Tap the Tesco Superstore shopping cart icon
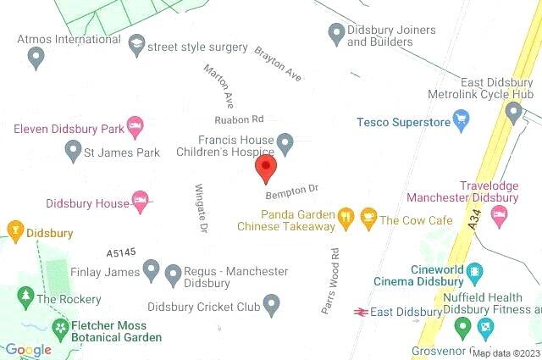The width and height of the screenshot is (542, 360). click(461, 122)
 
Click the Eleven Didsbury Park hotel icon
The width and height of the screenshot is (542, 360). click(134, 127)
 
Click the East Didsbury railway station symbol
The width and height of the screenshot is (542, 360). click(360, 312)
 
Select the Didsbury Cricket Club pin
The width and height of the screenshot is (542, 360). click(271, 302)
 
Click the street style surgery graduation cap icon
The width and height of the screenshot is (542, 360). click(136, 46)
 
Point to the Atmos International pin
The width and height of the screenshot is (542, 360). click(36, 57)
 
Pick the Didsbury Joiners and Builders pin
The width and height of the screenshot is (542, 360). click(335, 33)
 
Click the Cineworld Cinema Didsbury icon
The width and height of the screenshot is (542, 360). click(475, 274)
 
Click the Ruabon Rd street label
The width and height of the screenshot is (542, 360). click(239, 119)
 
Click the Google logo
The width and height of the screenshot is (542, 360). click(27, 350)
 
